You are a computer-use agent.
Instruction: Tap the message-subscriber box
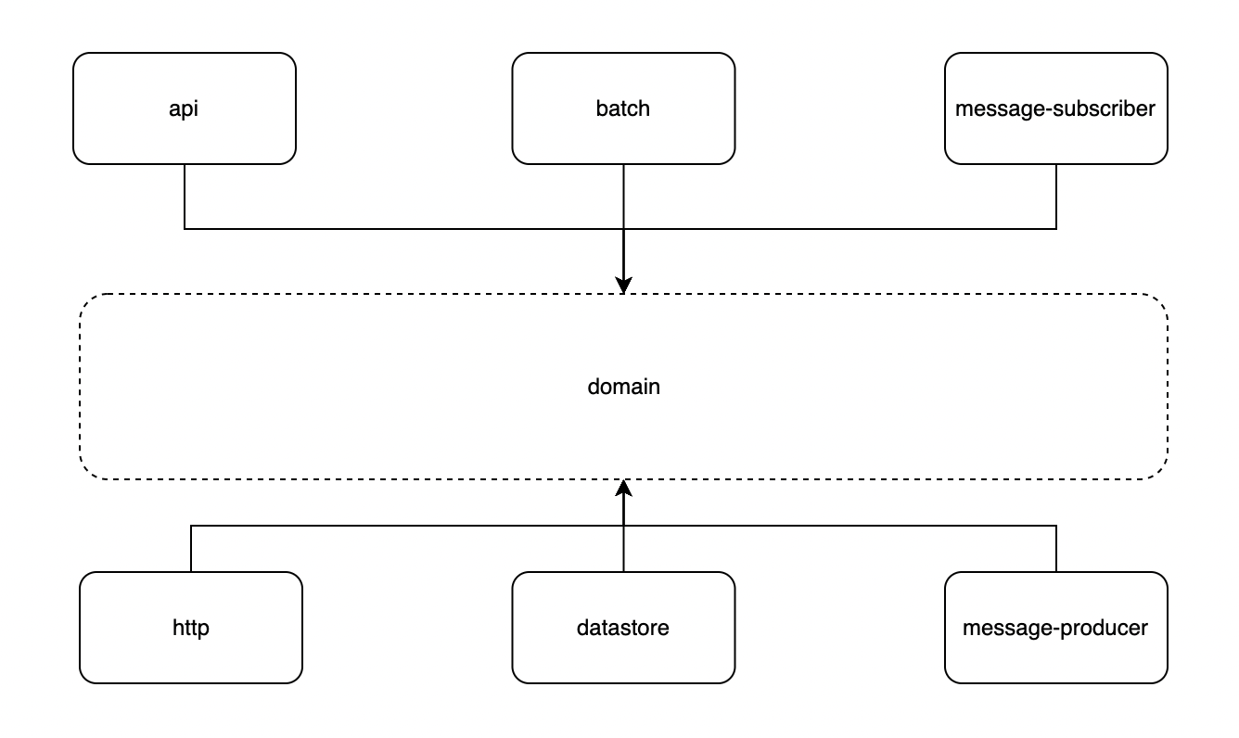tap(1055, 134)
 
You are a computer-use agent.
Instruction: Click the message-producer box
tap(1055, 654)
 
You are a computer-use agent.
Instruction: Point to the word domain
tap(623, 387)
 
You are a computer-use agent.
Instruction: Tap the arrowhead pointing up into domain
tap(623, 489)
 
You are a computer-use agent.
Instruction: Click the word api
tap(184, 108)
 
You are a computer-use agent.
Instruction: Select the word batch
tap(623, 108)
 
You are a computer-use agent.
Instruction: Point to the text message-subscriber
tap(1055, 108)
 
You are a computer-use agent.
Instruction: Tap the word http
tap(191, 628)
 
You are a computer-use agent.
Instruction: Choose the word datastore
tap(623, 628)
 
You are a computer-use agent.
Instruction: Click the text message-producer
tap(1055, 628)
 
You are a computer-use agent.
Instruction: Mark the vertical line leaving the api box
tap(185, 196)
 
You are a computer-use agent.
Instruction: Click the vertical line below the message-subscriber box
tap(1056, 196)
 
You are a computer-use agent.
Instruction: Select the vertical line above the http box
tap(191, 549)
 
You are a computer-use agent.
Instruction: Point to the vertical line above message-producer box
tap(1056, 549)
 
